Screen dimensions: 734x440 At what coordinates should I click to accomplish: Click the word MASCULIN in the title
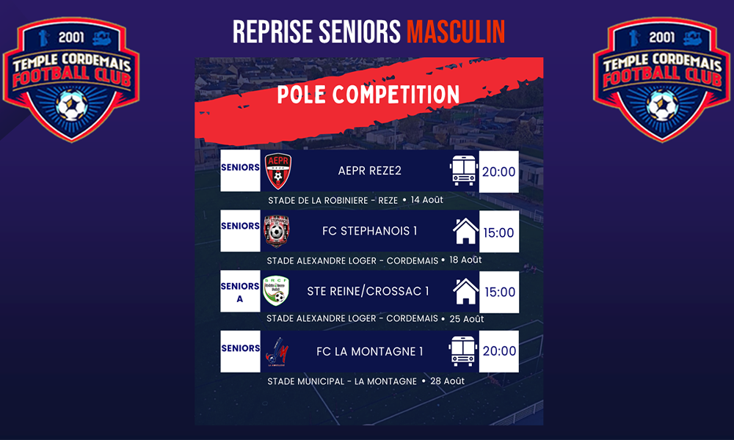pos(456,32)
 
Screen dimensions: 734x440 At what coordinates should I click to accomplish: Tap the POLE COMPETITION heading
pos(368,95)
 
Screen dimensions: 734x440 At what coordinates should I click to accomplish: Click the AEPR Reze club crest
pos(278,171)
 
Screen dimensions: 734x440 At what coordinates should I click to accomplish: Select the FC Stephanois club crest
pos(277,231)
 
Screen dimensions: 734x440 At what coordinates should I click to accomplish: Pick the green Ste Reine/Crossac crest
pos(276,290)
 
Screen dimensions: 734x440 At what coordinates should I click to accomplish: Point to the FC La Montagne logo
pos(277,351)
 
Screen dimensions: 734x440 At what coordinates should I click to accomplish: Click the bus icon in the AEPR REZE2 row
pos(463,171)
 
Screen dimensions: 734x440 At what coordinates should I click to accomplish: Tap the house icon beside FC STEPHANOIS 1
pos(465,231)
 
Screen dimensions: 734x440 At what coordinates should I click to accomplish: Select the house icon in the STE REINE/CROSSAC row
pos(465,291)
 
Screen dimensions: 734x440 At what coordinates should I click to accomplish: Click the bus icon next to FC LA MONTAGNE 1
pos(462,351)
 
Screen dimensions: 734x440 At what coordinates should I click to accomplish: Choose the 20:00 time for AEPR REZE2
pos(498,172)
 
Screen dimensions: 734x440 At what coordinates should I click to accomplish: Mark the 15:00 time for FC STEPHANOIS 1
pos(498,232)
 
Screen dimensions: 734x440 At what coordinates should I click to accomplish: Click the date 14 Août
pos(427,199)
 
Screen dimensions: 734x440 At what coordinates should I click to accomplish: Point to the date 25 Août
pos(467,319)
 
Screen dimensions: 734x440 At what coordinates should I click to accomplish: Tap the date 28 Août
pos(448,381)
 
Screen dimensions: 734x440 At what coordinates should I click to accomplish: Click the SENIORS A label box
pos(240,291)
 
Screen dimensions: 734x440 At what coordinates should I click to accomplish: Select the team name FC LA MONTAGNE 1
pos(370,351)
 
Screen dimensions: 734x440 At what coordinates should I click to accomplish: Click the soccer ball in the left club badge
pos(72,105)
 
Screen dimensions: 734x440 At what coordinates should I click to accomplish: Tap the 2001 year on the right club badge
pos(662,37)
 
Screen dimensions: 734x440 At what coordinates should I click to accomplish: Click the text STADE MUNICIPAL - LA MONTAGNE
pos(342,381)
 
